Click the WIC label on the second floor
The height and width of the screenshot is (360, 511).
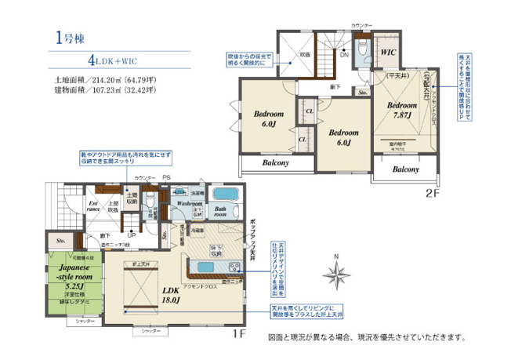389,53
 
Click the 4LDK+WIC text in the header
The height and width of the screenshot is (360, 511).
115,60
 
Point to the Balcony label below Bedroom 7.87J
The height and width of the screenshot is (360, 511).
405,169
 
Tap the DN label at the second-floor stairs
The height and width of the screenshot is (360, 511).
343,55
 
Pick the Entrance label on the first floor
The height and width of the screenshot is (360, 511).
93,207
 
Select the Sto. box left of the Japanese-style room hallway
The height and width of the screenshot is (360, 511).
60,241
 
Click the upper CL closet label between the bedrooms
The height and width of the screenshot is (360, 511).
310,112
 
